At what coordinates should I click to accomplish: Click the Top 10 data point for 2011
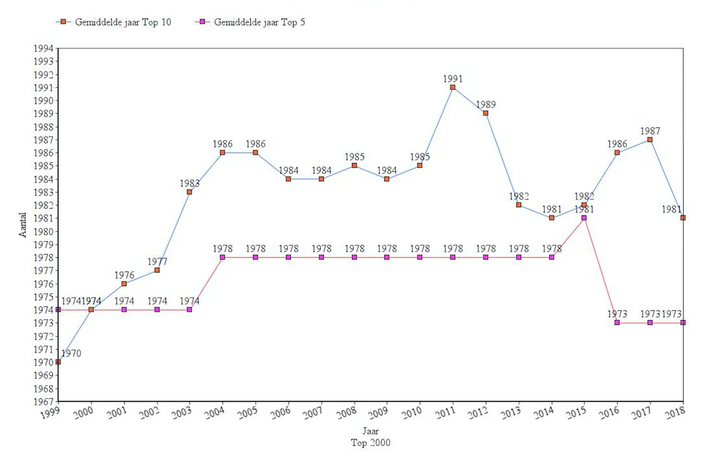(x=453, y=88)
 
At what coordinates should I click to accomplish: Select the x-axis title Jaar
(x=370, y=433)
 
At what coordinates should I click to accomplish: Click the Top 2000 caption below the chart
(x=370, y=443)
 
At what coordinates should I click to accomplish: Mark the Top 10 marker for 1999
(x=58, y=362)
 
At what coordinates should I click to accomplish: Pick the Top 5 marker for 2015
(x=584, y=218)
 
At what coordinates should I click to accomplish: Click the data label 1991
(x=453, y=78)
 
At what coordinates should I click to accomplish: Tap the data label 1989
(x=485, y=104)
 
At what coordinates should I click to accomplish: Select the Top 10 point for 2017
(x=650, y=140)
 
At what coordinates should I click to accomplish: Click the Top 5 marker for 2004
(x=223, y=257)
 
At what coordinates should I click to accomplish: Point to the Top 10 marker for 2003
(x=189, y=192)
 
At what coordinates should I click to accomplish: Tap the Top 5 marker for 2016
(x=617, y=323)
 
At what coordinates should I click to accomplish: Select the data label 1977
(x=157, y=262)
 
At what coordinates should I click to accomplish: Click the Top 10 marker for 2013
(x=518, y=205)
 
